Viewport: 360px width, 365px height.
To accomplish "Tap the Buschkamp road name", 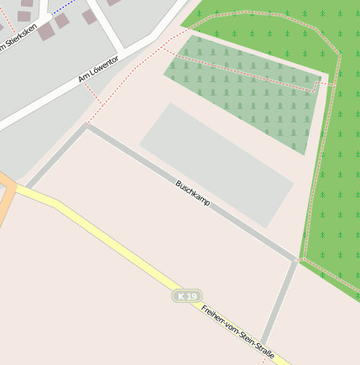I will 193,194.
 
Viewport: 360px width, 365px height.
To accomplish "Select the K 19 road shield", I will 188,296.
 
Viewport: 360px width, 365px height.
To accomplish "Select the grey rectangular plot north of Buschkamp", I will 217,164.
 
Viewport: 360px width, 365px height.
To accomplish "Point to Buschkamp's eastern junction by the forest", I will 296,260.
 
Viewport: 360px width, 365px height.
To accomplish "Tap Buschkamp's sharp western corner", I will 86,126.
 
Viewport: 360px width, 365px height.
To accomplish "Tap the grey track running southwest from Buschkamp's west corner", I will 57,156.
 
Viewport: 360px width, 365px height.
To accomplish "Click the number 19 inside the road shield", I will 192,296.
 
